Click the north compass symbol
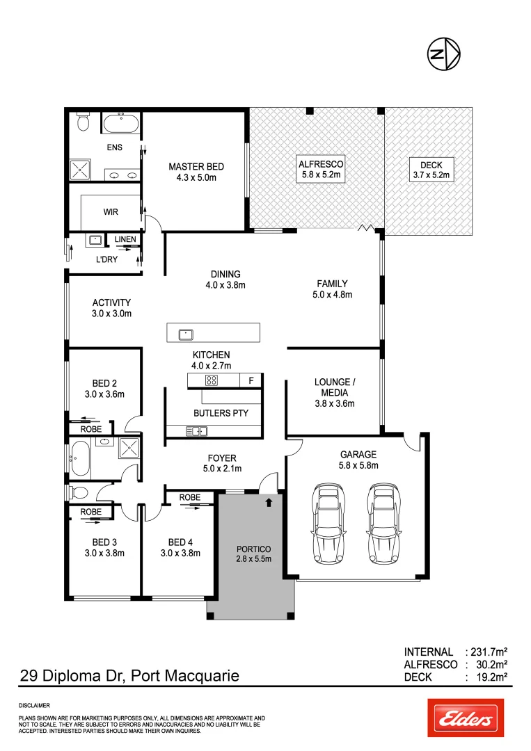(x=444, y=54)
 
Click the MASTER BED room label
(x=196, y=167)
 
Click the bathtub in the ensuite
(x=122, y=125)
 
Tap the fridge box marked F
(x=251, y=380)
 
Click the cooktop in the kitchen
(x=212, y=380)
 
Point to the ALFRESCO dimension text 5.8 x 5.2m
(x=321, y=175)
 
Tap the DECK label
(x=431, y=165)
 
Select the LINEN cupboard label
(x=125, y=240)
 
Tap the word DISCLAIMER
(x=34, y=705)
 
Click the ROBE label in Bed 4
(x=190, y=498)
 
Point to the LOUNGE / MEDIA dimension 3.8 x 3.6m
(x=335, y=403)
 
